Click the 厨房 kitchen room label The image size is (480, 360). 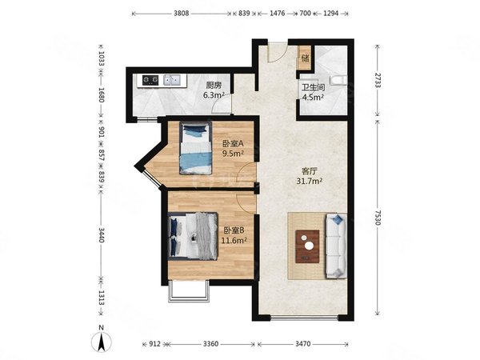click(x=214, y=85)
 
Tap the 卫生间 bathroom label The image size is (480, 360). click(x=313, y=88)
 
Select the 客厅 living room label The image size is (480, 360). click(x=309, y=171)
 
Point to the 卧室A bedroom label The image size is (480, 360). click(x=233, y=143)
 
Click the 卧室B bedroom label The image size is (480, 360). click(x=234, y=230)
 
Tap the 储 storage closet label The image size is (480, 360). click(x=305, y=58)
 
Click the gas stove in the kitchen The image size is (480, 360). click(x=150, y=80)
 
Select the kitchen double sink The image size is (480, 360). click(x=172, y=80)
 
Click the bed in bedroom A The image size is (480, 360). click(x=196, y=148)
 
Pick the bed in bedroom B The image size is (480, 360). click(x=193, y=236)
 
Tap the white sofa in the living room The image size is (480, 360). click(x=336, y=246)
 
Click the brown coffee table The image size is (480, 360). click(x=307, y=246)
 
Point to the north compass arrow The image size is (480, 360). click(x=102, y=342)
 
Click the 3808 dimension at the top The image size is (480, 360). click(x=182, y=14)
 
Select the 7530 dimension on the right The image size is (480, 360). click(x=378, y=218)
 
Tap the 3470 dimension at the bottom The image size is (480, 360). click(x=303, y=344)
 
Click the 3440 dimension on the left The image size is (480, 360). click(x=102, y=234)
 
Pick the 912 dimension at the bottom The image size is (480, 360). click(x=154, y=344)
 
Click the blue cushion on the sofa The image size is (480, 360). click(x=338, y=219)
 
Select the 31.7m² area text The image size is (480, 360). click(x=309, y=182)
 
